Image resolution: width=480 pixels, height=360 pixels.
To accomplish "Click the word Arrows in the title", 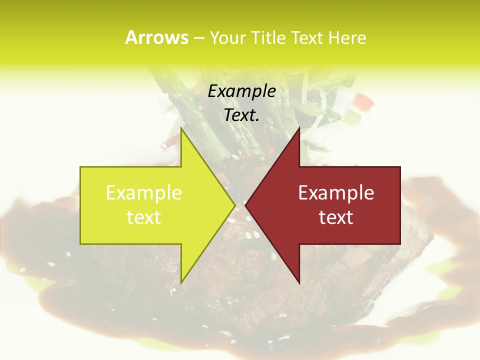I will coord(156,38).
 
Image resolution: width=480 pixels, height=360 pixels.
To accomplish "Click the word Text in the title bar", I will coord(308,38).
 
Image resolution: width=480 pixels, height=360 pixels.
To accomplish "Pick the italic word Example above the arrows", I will coord(242,91).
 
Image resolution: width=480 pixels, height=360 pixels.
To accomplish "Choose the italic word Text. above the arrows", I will coord(242,115).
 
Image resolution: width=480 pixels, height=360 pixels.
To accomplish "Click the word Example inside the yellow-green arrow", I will coord(144,193).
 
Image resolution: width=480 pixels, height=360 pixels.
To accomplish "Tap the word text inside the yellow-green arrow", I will coord(144,217).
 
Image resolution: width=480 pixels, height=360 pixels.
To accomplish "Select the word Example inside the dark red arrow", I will coord(336,193).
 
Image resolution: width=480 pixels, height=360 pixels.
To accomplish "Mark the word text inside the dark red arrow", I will coord(336,217).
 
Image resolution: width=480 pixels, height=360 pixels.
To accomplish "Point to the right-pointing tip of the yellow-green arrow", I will coord(235,205).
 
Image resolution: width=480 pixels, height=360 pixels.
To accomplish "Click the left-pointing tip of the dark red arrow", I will coord(245,205).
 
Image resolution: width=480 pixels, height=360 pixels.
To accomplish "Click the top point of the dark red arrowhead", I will coord(299,128).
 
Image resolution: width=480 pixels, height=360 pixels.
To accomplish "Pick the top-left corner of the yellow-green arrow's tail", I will coord(80,167).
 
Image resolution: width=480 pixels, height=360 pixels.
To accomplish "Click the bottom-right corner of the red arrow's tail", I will coord(400,243).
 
